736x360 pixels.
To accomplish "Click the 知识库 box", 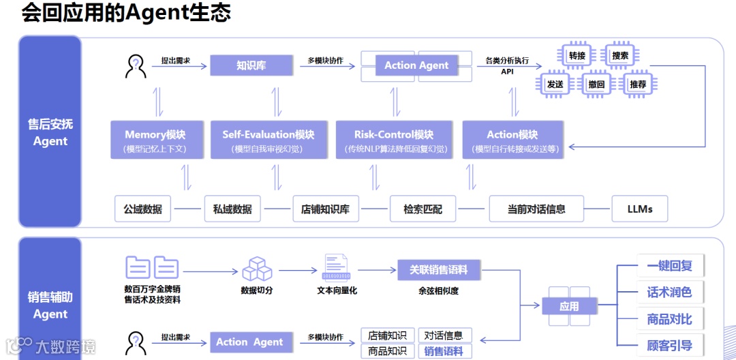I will tap(246, 65).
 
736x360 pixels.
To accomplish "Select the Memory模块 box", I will tap(155, 140).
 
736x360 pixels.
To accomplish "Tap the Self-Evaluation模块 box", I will tap(268, 140).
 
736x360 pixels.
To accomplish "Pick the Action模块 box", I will tap(512, 140).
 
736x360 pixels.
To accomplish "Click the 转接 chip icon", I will tap(577, 56).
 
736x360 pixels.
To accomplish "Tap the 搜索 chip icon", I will tap(620, 56).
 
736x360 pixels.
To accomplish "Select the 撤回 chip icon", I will tap(596, 85).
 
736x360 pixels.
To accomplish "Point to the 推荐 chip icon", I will tap(639, 85).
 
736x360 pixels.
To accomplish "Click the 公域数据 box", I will tap(143, 209).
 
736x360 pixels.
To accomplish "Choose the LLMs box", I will tap(639, 209).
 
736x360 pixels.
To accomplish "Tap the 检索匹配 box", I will tap(423, 209).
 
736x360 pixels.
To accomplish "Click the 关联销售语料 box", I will tap(439, 270).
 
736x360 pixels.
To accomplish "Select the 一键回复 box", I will tap(669, 266).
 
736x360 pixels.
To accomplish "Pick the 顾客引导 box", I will tap(669, 346).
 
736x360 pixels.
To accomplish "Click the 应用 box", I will tap(569, 307).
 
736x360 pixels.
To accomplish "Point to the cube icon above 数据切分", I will tap(257, 269).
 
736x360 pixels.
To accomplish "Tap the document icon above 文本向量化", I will tap(336, 268).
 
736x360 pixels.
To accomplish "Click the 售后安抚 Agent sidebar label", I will tap(50, 132).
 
